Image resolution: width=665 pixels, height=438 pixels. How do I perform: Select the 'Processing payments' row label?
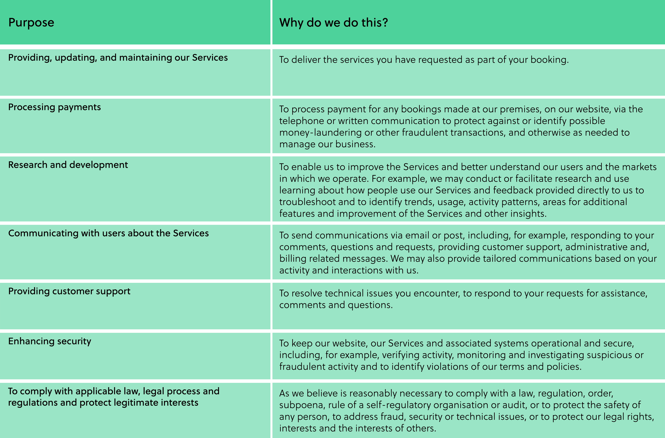coord(55,107)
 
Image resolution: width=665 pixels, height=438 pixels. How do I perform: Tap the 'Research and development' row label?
coord(68,165)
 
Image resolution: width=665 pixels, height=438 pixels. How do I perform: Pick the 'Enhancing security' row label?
coord(50,341)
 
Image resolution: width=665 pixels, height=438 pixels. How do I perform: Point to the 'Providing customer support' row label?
coord(69,291)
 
